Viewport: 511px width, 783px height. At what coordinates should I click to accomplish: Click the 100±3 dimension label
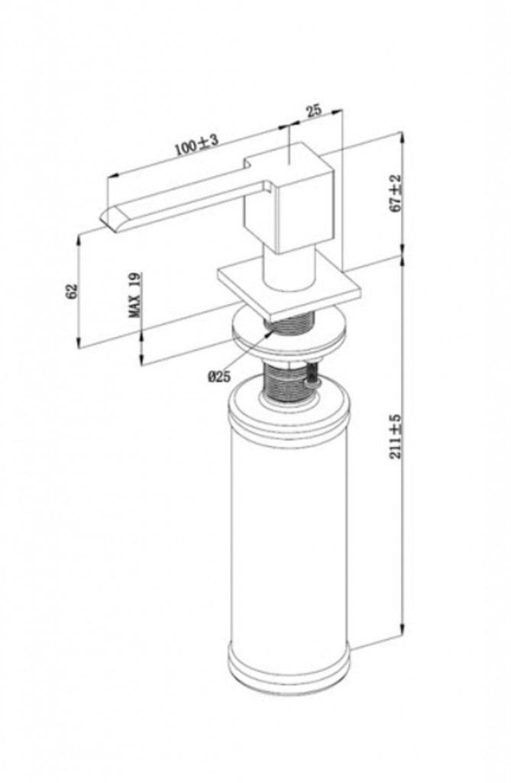point(196,145)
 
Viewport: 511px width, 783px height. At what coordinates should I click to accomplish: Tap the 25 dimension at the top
point(314,110)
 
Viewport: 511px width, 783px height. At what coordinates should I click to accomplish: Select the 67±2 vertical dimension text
point(396,193)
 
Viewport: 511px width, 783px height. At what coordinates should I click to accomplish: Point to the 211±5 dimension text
point(396,437)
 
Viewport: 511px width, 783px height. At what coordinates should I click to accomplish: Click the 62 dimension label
point(73,291)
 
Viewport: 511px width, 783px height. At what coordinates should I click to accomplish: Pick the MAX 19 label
point(134,295)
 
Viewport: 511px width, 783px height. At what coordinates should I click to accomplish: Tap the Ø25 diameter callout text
point(219,376)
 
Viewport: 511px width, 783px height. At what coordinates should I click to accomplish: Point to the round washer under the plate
point(289,333)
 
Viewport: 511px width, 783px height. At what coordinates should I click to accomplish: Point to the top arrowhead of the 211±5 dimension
point(403,262)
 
